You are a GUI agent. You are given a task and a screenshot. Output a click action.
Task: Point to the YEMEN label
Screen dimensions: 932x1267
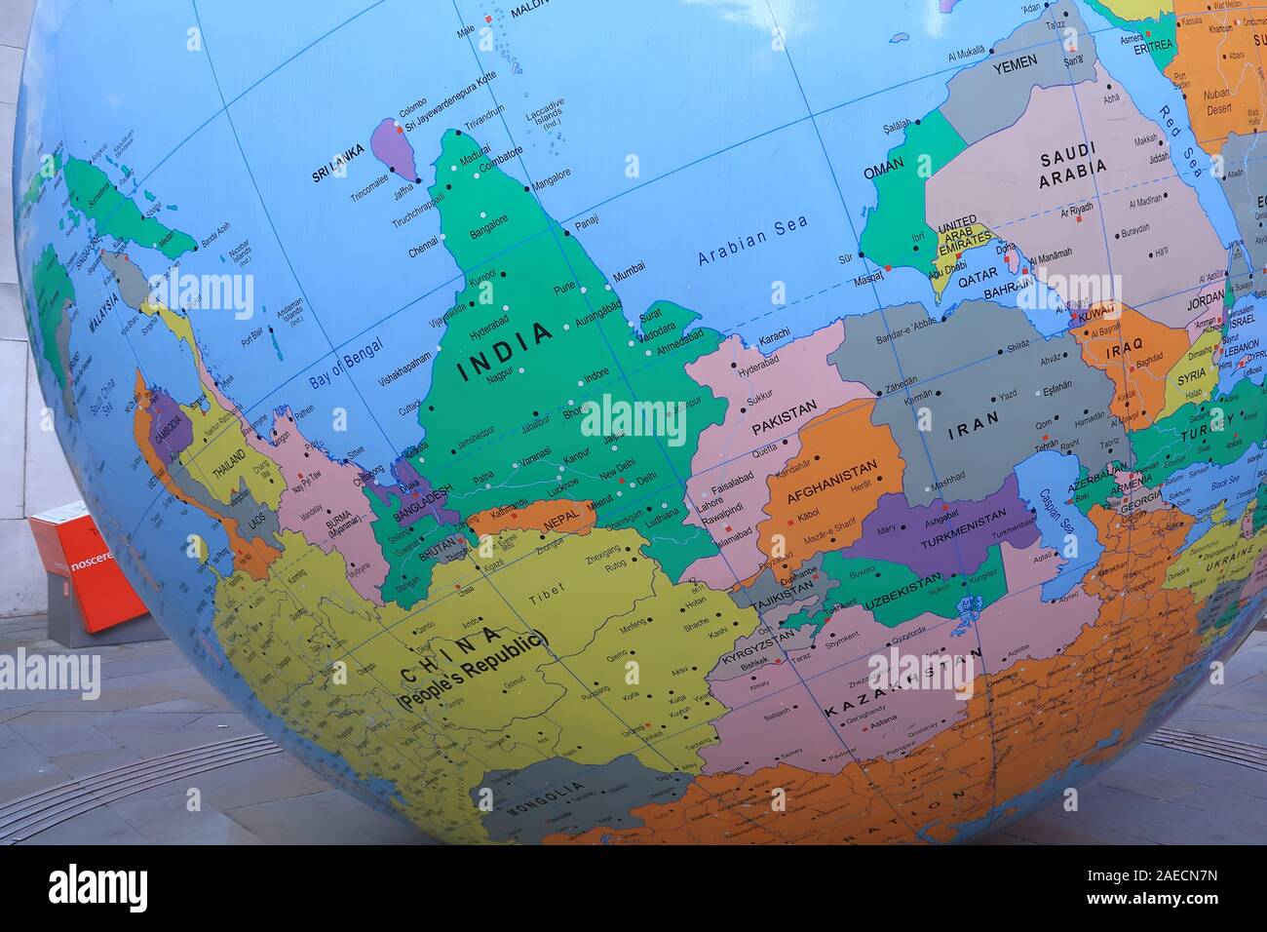(x=1016, y=66)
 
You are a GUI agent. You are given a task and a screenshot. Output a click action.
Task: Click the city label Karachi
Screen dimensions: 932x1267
(x=775, y=337)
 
